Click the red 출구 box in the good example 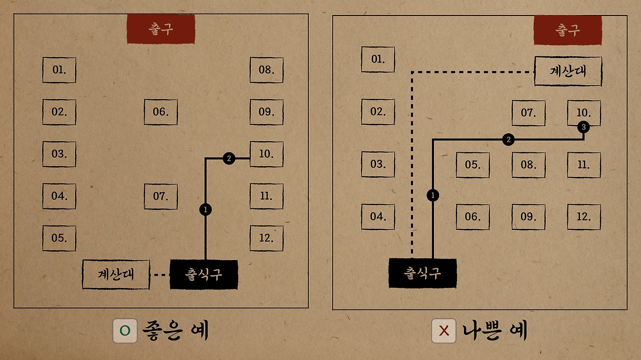click(161, 29)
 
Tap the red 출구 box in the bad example click(567, 31)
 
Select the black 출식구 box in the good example click(204, 274)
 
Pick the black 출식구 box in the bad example click(423, 273)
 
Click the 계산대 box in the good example click(116, 274)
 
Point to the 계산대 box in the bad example click(568, 71)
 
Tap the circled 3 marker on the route click(583, 127)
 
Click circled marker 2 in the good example click(228, 159)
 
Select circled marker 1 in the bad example click(433, 195)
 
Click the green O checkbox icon click(125, 331)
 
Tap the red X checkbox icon click(444, 331)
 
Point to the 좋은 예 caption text click(175, 331)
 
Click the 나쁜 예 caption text click(495, 331)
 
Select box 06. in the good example click(161, 112)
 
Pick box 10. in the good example click(266, 154)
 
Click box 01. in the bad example click(378, 60)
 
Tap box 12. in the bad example click(584, 217)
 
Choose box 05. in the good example click(59, 238)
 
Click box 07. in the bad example click(528, 113)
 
